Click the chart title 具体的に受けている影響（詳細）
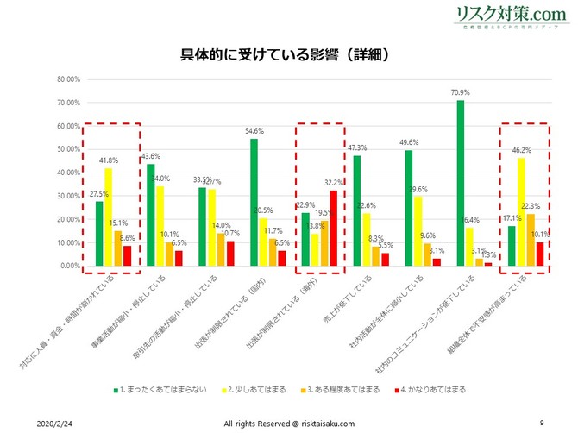(x=289, y=54)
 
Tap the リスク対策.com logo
(x=512, y=16)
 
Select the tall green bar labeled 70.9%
(x=461, y=183)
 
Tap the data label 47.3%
(x=355, y=147)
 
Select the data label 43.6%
(x=150, y=156)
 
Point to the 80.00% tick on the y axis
(x=44, y=79)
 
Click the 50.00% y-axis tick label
(x=44, y=149)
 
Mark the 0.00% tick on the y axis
(x=46, y=266)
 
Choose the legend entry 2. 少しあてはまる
(x=251, y=389)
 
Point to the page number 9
(x=541, y=422)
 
